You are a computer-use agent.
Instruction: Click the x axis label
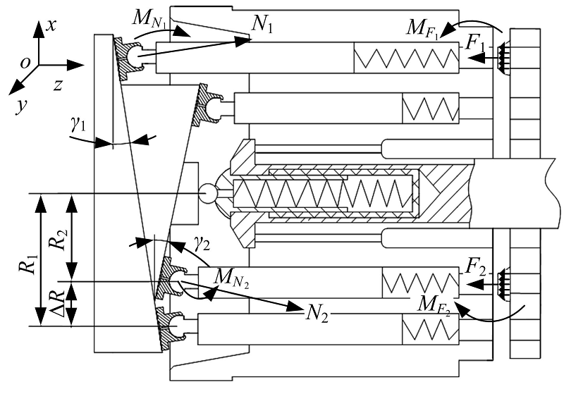[51, 25]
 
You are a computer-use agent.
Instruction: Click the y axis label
[22, 106]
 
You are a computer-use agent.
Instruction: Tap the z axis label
[59, 85]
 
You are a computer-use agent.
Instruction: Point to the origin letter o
[25, 63]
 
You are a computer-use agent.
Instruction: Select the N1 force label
[262, 25]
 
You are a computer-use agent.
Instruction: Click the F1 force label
[474, 43]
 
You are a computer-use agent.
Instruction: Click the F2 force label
[475, 267]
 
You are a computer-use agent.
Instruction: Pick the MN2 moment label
[231, 278]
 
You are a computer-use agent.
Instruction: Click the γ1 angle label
[78, 124]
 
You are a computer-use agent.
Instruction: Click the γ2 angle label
[202, 245]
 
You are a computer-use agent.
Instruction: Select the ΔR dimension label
[58, 300]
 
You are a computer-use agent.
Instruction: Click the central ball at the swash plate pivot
[208, 193]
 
